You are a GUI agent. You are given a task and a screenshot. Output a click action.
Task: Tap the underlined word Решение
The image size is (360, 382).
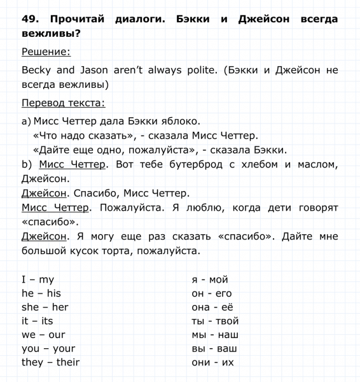(46, 52)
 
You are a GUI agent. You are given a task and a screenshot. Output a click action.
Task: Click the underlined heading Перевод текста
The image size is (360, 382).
(64, 103)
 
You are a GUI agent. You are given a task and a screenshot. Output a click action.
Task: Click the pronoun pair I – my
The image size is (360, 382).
(38, 279)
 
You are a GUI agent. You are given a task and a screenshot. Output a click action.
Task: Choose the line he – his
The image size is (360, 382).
(41, 294)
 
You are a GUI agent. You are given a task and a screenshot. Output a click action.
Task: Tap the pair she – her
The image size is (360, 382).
(45, 307)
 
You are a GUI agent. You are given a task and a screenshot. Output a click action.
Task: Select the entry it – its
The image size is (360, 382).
(38, 321)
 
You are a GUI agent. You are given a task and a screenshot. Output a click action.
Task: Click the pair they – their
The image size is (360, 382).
(51, 362)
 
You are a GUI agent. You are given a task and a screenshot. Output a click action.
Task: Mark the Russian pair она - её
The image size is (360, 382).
(214, 307)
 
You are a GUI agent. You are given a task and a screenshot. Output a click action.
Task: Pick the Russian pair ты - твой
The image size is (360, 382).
(215, 321)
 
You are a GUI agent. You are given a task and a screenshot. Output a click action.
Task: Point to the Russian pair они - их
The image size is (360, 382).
(213, 362)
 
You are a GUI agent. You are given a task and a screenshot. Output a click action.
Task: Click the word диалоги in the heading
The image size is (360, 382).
(137, 20)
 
